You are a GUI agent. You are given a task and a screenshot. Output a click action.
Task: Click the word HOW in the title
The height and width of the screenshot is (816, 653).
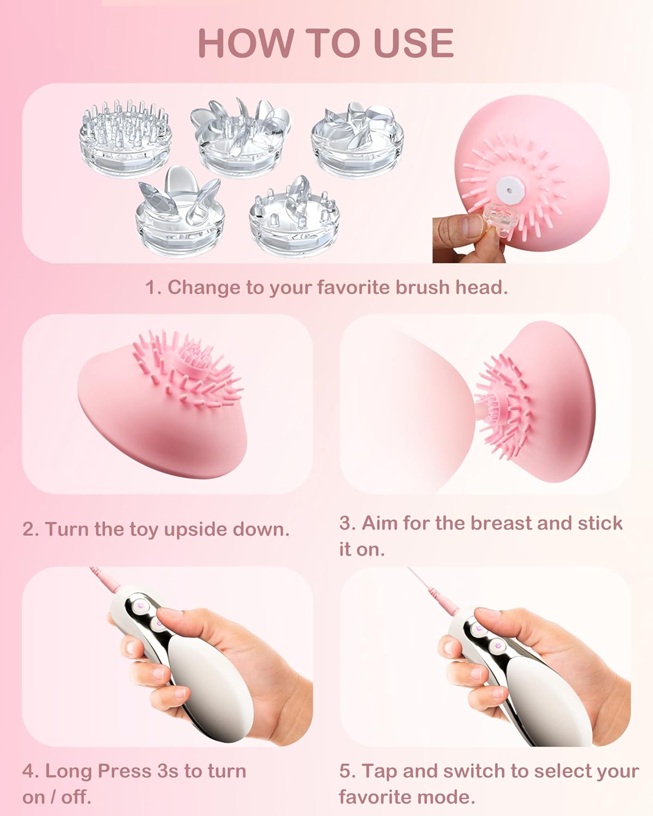point(246,42)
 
